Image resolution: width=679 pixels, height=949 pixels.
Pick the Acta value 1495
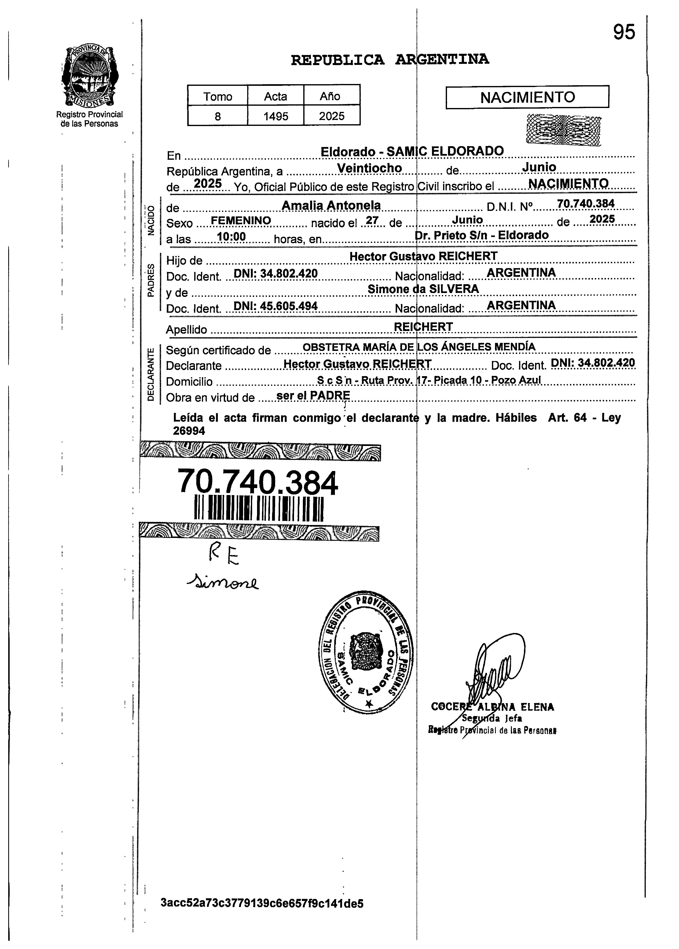click(276, 116)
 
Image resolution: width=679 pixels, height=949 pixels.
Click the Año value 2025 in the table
click(332, 116)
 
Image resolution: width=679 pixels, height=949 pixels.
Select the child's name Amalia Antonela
click(331, 205)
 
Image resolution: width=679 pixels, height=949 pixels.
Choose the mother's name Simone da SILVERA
click(423, 289)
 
